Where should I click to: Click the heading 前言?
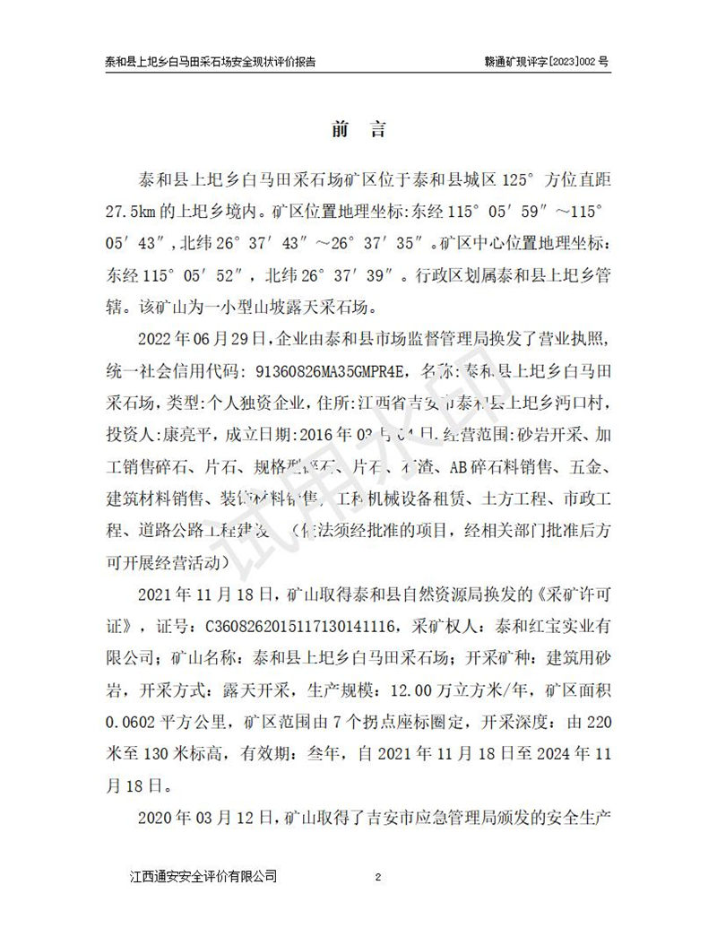[358, 129]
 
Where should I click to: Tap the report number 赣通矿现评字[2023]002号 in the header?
[546, 64]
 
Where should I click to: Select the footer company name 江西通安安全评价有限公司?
[203, 876]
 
